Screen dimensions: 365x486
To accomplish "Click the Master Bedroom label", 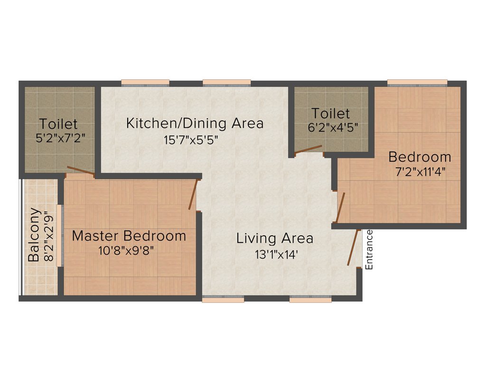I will [x=129, y=236].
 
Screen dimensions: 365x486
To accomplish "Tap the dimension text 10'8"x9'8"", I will [x=126, y=250].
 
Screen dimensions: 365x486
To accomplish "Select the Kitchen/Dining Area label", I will [x=195, y=123].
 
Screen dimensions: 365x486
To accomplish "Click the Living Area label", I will [x=275, y=238].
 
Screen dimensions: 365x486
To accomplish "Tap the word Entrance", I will [x=370, y=250].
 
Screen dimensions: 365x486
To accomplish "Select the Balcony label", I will [x=34, y=235].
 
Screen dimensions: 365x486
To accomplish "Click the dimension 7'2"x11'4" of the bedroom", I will [x=420, y=172].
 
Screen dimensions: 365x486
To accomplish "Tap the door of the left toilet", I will [x=80, y=172].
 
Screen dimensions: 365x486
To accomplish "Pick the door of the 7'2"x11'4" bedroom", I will [x=340, y=207].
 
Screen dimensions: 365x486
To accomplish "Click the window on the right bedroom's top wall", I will [x=417, y=83].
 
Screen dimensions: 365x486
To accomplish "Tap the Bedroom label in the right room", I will [x=420, y=156].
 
